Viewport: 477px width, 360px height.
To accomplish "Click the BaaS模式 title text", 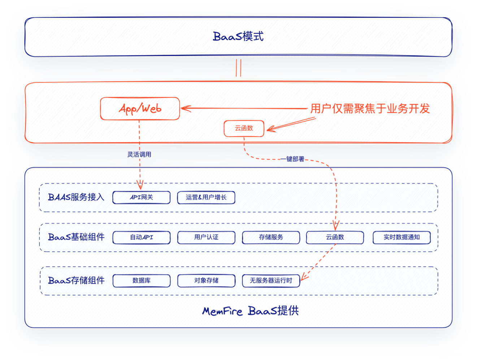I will point(238,37).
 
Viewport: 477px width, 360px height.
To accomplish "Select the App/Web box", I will point(140,108).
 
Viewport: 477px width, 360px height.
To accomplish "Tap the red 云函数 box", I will point(244,128).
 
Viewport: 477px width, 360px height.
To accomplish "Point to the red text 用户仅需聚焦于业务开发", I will point(370,108).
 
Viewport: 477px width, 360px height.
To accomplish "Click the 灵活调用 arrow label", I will point(139,154).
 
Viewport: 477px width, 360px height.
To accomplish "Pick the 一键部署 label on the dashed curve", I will point(292,159).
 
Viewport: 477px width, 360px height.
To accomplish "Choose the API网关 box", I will point(141,197).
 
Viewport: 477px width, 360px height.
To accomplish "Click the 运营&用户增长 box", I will point(206,197).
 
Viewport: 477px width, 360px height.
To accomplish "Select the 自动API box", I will point(141,237).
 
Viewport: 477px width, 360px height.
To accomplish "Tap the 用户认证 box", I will point(206,237).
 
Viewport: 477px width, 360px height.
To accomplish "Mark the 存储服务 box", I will point(271,237).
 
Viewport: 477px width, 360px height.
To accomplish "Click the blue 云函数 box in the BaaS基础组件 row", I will point(335,237).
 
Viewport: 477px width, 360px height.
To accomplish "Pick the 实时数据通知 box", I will point(402,237).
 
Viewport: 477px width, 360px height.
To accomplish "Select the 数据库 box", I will point(141,280).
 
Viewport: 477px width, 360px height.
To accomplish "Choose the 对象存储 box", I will point(206,280).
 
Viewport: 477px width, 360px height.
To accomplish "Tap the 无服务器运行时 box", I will point(271,280).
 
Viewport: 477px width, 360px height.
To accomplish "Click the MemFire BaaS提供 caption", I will point(250,311).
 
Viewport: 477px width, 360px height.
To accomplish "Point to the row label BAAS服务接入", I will point(76,197).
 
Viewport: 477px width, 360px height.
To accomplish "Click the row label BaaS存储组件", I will point(76,280).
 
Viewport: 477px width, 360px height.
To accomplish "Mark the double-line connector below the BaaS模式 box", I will point(238,68).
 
